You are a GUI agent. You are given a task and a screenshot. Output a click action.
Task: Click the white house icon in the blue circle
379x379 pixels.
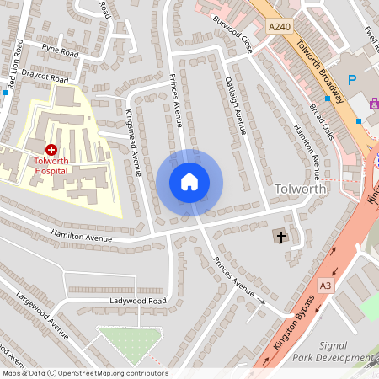tap(189, 181)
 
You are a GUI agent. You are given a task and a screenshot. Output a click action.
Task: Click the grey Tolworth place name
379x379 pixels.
tap(301, 188)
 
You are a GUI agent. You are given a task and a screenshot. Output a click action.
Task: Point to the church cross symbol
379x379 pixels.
tap(280, 238)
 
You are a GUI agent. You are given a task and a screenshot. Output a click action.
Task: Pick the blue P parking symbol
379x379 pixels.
tap(352, 82)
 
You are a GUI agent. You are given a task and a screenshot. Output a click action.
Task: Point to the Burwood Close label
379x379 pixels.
tap(232, 33)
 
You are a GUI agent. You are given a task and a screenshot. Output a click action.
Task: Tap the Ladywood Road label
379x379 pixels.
tap(138, 301)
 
